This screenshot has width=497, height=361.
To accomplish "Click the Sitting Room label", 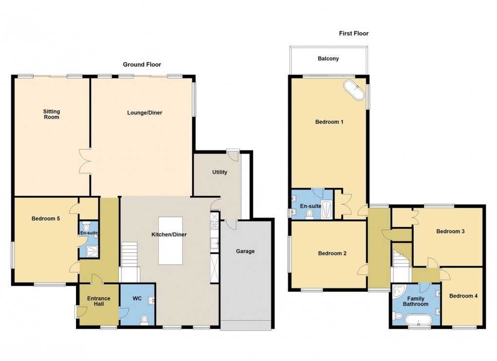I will pyautogui.click(x=51, y=114).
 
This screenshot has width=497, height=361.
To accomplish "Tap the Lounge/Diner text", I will pyautogui.click(x=145, y=113).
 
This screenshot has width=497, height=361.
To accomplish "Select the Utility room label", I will pyautogui.click(x=219, y=172).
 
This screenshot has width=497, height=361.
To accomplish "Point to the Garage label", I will pyautogui.click(x=246, y=251).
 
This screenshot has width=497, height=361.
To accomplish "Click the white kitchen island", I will pyautogui.click(x=171, y=240).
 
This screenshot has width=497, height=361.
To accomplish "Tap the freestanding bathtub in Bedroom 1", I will pyautogui.click(x=355, y=91).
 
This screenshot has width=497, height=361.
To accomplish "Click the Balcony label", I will pyautogui.click(x=328, y=58).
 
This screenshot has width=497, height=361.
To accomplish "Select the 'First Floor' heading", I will pyautogui.click(x=354, y=34).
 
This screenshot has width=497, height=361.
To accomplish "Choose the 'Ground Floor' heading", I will pyautogui.click(x=142, y=64).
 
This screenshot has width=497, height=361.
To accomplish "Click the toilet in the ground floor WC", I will pyautogui.click(x=144, y=319).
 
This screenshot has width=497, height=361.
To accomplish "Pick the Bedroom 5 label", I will pyautogui.click(x=46, y=219).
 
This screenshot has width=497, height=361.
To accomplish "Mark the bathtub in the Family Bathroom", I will pyautogui.click(x=419, y=320).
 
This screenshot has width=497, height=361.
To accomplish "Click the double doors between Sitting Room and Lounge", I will pyautogui.click(x=85, y=161).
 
